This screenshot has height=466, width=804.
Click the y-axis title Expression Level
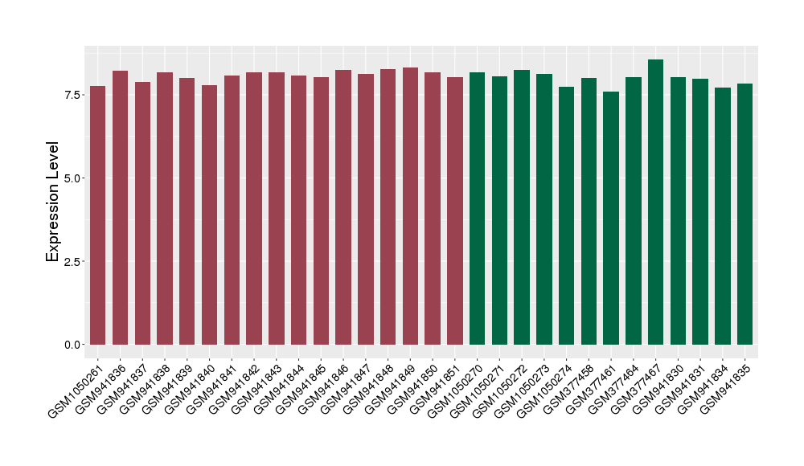point(53,202)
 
